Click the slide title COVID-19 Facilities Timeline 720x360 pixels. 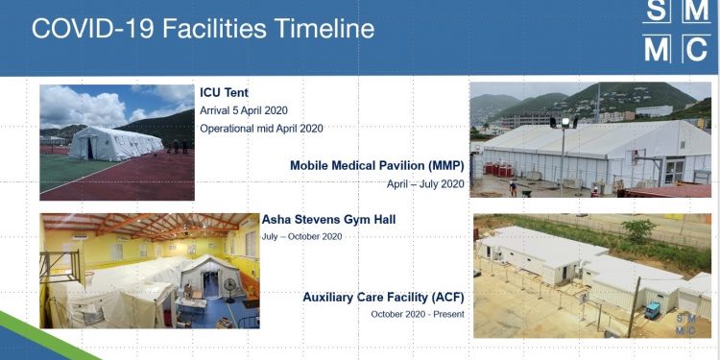pos(203,28)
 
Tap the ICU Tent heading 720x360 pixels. pos(225,93)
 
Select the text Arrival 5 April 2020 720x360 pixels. pos(244,110)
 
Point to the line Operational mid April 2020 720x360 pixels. pos(261,128)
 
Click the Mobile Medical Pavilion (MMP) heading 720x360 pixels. pos(377,165)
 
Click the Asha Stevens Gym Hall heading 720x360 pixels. pos(328,220)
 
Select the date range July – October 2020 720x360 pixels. pos(301,236)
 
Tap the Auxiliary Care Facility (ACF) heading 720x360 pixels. pos(384,297)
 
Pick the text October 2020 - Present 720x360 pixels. pos(418,314)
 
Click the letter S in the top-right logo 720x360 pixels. pos(656,10)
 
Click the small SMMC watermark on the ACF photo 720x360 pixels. pos(686,324)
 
